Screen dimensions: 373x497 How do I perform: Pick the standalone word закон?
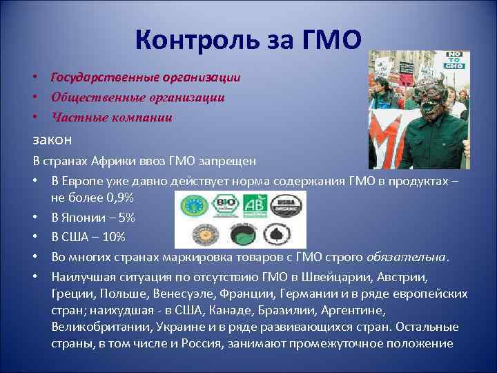click(52, 140)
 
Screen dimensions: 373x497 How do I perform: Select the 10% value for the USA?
click(113, 237)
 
